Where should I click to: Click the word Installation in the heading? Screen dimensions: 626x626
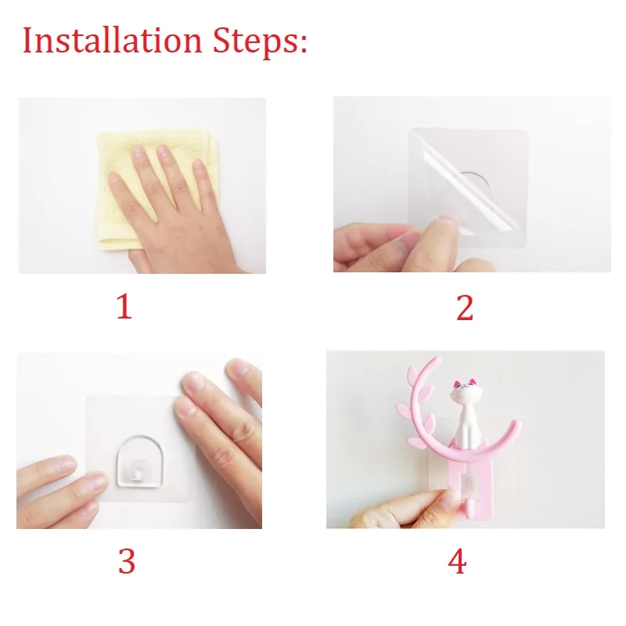[112, 41]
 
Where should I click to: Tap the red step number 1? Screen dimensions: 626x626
[124, 307]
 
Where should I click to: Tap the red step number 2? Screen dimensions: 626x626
[465, 308]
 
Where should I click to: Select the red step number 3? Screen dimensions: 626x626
[127, 561]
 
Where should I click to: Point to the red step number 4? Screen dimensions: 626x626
[457, 561]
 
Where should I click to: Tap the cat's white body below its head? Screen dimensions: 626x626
[466, 420]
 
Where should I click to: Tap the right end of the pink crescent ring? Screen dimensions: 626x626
[516, 424]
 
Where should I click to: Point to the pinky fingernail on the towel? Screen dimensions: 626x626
[198, 167]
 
